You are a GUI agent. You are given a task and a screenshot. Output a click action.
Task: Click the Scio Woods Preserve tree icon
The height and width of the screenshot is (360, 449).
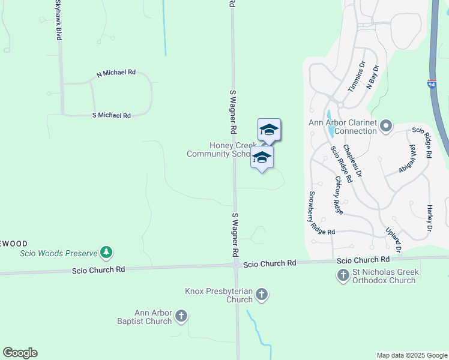point(107,253)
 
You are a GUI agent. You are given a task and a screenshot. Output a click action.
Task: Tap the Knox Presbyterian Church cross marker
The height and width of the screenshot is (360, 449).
point(261,295)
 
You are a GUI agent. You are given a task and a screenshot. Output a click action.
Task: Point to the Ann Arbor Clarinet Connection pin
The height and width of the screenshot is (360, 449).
point(386,126)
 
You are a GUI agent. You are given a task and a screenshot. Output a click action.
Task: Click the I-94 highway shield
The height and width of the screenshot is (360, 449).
point(432,85)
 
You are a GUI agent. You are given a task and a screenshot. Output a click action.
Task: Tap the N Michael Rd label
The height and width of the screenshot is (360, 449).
point(116,73)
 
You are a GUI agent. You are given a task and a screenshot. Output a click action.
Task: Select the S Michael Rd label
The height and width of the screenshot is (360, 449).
point(112,115)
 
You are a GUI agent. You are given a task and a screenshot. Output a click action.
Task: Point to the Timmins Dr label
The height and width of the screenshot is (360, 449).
point(357,77)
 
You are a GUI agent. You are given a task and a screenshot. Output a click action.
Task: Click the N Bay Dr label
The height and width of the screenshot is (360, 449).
point(373,76)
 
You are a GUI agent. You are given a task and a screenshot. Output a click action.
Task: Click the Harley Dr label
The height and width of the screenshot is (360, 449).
point(430,218)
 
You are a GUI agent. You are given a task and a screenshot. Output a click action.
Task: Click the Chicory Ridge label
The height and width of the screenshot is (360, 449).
point(339,195)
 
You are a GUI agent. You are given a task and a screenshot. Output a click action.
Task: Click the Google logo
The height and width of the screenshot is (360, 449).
point(20,353)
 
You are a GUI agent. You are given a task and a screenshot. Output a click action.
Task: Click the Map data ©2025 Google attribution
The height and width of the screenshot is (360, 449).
point(411,355)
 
